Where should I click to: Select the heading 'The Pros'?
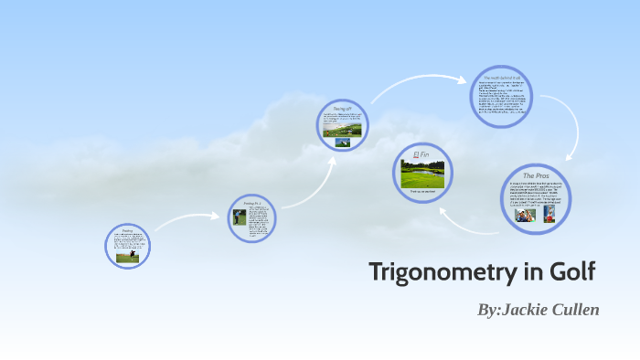pyautogui.click(x=535, y=175)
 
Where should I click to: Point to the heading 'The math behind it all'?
pyautogui.click(x=503, y=79)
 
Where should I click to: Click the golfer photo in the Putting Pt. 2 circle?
pyautogui.click(x=240, y=217)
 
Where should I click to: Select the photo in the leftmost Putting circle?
pyautogui.click(x=126, y=257)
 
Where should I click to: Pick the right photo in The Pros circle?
pyautogui.click(x=549, y=213)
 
